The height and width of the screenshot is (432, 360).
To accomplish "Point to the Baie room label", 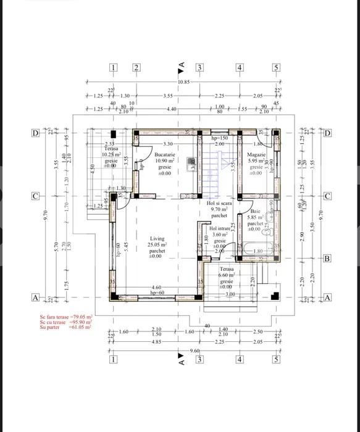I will pyautogui.click(x=256, y=211).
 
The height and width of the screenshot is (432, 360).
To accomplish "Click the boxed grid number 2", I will pyautogui.click(x=136, y=68).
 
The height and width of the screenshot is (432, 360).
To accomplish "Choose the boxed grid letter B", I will pyautogui.click(x=327, y=259).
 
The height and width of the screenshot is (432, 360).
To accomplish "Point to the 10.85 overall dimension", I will pyautogui.click(x=183, y=82).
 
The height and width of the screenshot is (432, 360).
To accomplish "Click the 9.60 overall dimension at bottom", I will pyautogui.click(x=195, y=350).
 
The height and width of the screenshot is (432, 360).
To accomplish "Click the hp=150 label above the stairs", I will pyautogui.click(x=220, y=138).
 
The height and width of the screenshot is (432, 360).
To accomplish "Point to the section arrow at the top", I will pyautogui.click(x=181, y=64).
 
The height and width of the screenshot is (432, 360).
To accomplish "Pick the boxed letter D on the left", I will pyautogui.click(x=36, y=133).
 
